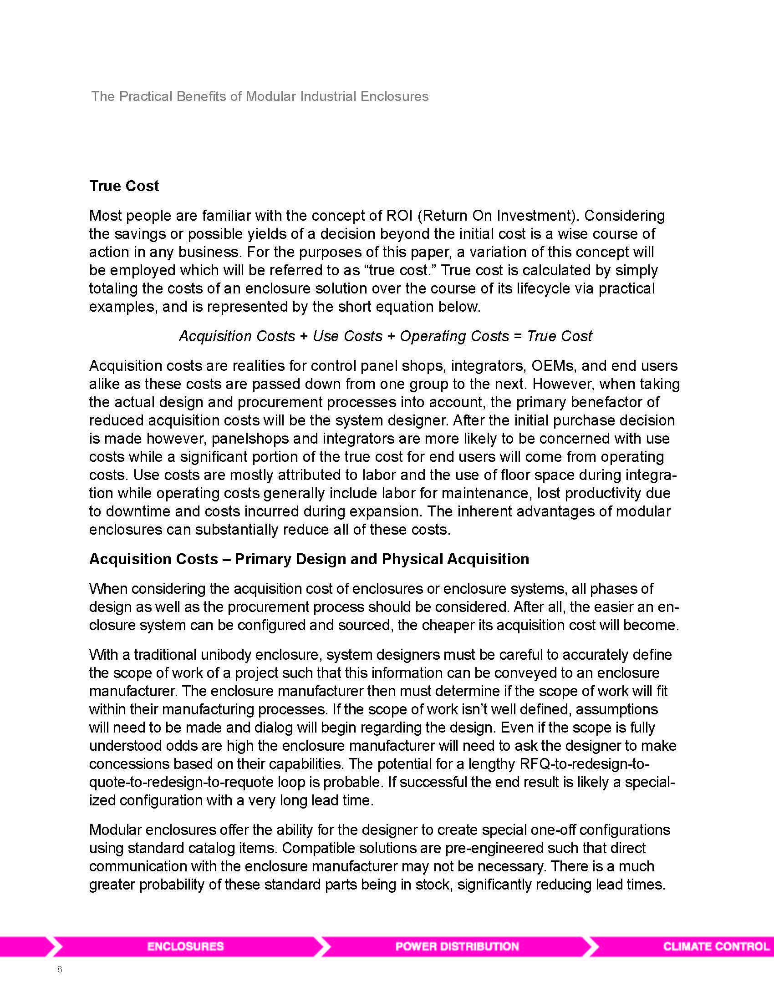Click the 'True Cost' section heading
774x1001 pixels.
pyautogui.click(x=124, y=186)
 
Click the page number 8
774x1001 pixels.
pyautogui.click(x=60, y=969)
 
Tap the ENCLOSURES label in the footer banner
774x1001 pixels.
pyautogui.click(x=185, y=946)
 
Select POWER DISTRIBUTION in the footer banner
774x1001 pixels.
pyautogui.click(x=457, y=946)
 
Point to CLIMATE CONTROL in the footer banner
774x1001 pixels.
pyautogui.click(x=716, y=946)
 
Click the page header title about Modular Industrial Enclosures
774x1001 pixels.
pyautogui.click(x=260, y=97)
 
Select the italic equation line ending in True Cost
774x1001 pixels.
pyautogui.click(x=385, y=336)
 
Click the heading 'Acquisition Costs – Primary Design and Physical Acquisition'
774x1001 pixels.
pyautogui.click(x=309, y=559)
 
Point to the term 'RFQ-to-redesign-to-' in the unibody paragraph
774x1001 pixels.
pyautogui.click(x=585, y=764)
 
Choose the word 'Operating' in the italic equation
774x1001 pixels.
pyautogui.click(x=429, y=336)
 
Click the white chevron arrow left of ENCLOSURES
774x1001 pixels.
pyautogui.click(x=55, y=946)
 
